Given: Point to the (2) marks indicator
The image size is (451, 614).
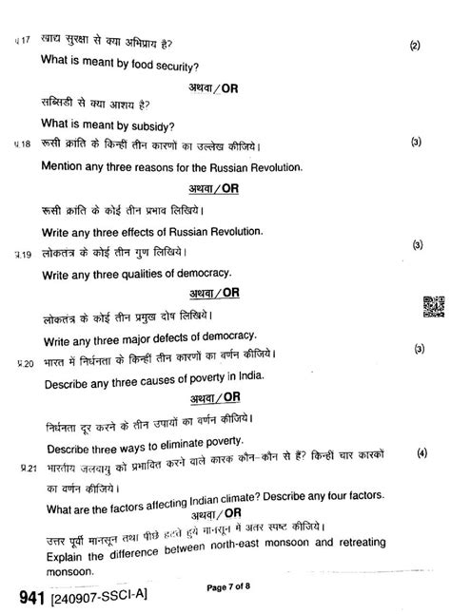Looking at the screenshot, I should click(x=415, y=45).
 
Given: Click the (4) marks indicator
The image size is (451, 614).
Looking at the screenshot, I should click(x=422, y=454).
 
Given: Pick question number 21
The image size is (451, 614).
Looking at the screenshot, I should click(x=26, y=469).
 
